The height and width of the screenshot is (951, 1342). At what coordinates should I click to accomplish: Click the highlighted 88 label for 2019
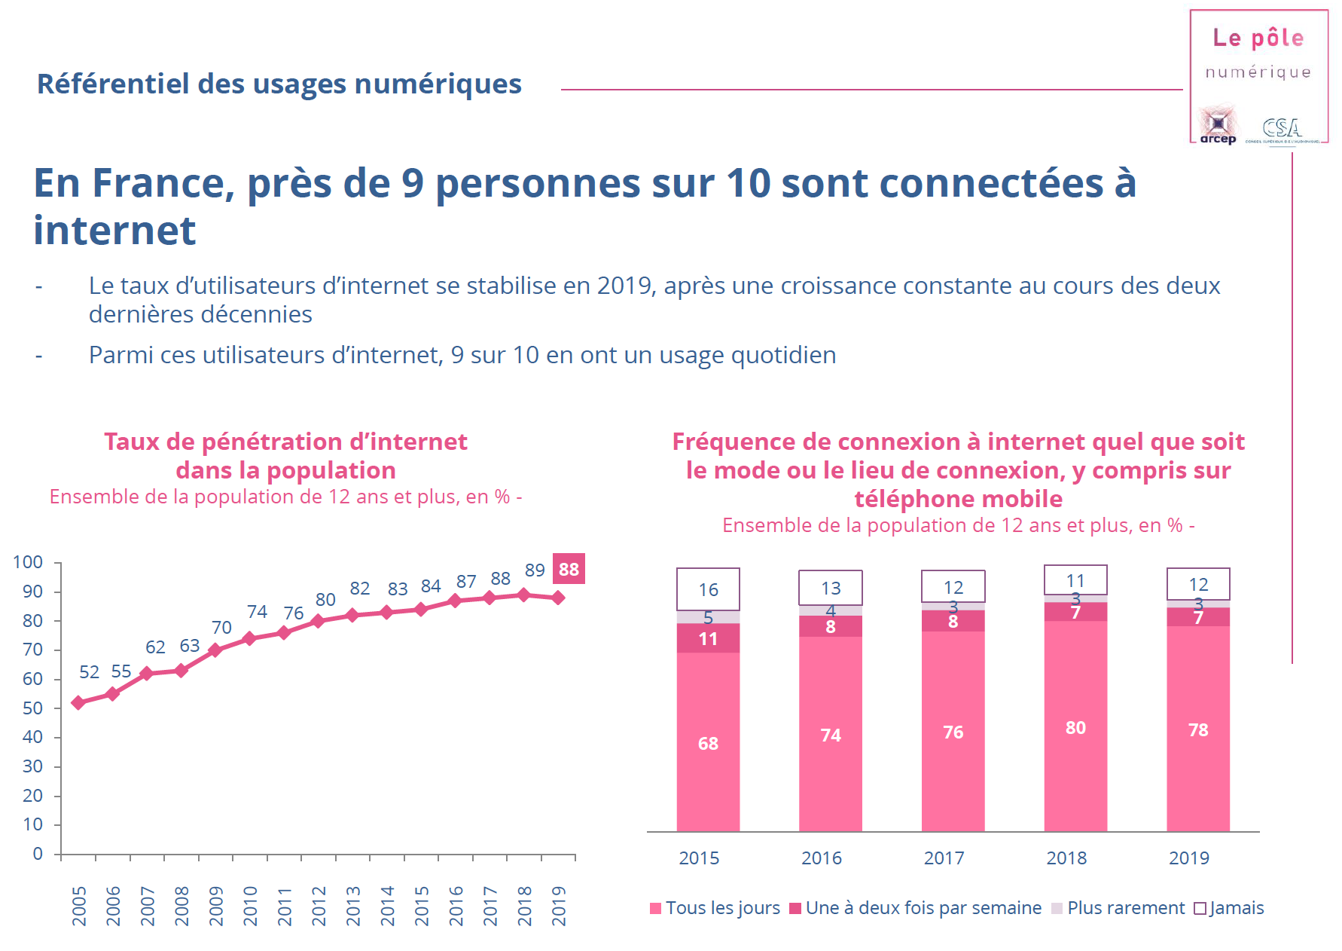(569, 569)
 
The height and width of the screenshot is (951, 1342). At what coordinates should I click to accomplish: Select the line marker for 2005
(78, 702)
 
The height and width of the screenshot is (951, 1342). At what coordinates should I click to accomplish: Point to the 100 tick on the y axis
(28, 562)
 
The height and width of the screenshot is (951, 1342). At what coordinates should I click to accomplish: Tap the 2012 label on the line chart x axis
(319, 906)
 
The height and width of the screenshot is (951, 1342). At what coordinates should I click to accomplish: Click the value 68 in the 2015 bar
(708, 744)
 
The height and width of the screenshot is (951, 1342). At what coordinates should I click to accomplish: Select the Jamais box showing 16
(708, 589)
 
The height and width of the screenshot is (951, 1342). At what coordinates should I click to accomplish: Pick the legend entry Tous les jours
(715, 908)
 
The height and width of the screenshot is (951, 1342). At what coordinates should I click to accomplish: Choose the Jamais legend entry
(1229, 908)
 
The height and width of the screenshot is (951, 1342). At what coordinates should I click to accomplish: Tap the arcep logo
(1218, 125)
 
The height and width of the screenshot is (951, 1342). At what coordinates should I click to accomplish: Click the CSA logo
(1282, 129)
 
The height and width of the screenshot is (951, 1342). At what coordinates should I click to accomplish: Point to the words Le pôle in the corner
(1258, 38)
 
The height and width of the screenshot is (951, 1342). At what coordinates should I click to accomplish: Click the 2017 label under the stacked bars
(944, 858)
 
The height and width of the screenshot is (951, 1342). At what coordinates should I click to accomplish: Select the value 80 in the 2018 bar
(1075, 728)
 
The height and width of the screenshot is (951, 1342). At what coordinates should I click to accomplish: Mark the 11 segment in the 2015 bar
(708, 639)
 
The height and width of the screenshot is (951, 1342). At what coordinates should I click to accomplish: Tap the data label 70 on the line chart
(221, 628)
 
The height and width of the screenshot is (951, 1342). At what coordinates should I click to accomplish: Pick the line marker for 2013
(352, 615)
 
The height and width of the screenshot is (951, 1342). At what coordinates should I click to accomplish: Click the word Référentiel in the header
(113, 84)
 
